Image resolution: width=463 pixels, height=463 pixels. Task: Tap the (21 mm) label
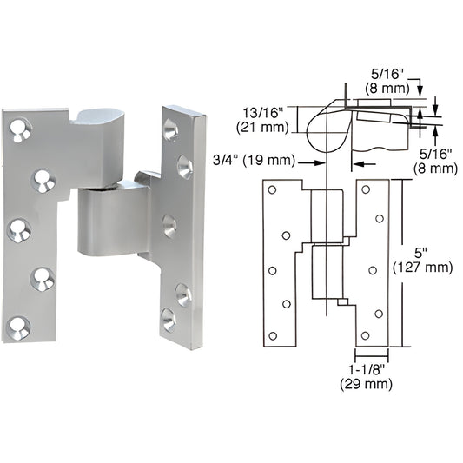(x=264, y=128)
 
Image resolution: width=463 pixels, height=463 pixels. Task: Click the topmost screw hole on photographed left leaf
(x=18, y=131)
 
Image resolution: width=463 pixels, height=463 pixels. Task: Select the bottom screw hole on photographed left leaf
(x=17, y=327)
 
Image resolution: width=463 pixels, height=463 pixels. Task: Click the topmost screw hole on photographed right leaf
(x=171, y=130)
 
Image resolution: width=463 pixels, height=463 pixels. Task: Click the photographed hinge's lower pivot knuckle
(x=107, y=222)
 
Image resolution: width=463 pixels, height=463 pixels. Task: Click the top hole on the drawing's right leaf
(x=365, y=189)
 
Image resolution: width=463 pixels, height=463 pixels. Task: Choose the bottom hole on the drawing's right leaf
(x=365, y=335)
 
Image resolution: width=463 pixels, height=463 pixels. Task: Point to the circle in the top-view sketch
(x=326, y=133)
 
